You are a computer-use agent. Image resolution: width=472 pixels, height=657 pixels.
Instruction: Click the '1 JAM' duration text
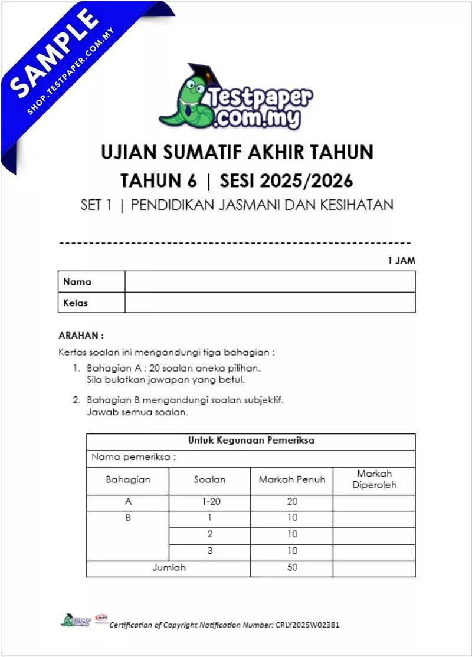point(401,260)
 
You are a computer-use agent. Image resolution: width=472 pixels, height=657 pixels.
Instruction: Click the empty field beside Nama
point(270,282)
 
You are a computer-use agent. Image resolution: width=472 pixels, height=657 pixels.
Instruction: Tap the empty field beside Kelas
point(270,303)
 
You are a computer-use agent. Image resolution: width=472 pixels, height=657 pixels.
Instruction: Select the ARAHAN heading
point(81,335)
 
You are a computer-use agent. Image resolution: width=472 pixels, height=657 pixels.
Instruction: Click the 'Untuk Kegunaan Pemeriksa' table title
point(251,441)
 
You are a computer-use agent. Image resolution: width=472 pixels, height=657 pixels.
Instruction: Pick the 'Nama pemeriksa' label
point(134,457)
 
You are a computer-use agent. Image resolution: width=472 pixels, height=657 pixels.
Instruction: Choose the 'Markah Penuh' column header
point(291,479)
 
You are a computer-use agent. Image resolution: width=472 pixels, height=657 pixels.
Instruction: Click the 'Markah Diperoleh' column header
point(374,479)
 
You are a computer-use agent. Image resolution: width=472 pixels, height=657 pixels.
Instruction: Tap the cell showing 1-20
point(209,502)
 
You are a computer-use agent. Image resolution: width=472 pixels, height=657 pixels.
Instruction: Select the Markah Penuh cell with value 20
point(292,502)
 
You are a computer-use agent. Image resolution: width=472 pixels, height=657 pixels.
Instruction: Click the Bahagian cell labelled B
point(128,518)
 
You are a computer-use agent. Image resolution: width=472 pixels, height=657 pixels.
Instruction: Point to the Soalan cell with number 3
point(209,551)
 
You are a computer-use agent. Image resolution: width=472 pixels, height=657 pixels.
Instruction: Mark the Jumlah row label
point(169,567)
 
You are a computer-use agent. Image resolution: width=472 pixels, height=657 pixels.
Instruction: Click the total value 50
point(292,567)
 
